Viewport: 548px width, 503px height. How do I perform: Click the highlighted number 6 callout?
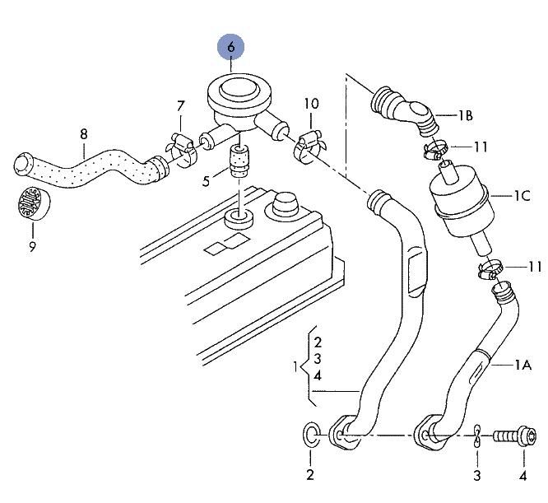[x=230, y=47]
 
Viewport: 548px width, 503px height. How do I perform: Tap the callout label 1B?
[x=465, y=115]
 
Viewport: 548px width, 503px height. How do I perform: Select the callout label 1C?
[x=522, y=196]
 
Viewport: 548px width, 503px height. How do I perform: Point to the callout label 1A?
[x=522, y=366]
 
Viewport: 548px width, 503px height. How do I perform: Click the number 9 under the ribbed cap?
[x=33, y=247]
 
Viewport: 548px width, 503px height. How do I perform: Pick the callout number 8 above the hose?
[x=84, y=134]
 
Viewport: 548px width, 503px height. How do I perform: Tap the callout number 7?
[x=180, y=106]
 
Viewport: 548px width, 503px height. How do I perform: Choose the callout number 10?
[x=311, y=104]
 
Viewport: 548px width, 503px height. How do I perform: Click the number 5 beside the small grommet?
[x=207, y=181]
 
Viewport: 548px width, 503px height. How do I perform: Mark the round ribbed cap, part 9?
[x=34, y=204]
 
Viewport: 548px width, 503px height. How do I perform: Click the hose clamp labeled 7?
[x=180, y=149]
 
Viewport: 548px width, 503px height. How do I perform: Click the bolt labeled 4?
[x=514, y=436]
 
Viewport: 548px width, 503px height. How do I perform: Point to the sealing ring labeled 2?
[x=311, y=435]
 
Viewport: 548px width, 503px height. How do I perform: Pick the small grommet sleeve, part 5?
[x=239, y=161]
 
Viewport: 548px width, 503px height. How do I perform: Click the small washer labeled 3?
[x=476, y=436]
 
